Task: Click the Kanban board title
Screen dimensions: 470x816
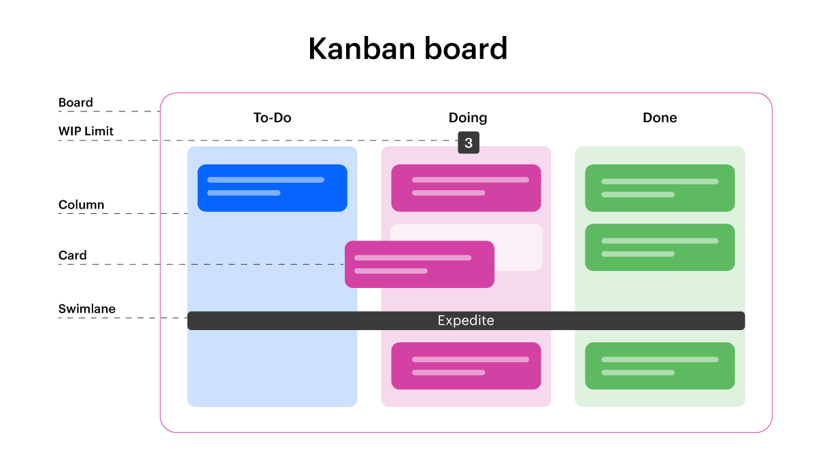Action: click(x=408, y=49)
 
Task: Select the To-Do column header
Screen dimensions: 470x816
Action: click(x=272, y=117)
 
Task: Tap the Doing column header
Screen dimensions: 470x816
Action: click(x=468, y=117)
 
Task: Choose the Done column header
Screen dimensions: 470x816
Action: click(x=660, y=117)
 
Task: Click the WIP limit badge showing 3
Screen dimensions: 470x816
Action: click(x=469, y=143)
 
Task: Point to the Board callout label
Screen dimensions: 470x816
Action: click(x=75, y=103)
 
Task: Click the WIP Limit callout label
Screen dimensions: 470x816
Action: click(x=86, y=130)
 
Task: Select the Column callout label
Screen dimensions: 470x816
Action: click(x=81, y=204)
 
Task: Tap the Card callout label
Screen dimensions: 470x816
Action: click(x=72, y=255)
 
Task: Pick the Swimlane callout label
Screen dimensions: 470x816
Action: click(x=86, y=308)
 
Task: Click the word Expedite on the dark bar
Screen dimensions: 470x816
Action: click(x=466, y=321)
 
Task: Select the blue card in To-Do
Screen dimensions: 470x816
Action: click(x=272, y=187)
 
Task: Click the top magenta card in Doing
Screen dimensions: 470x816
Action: click(x=466, y=187)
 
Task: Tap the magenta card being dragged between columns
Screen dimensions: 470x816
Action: click(x=419, y=264)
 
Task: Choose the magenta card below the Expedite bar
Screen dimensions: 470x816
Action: click(x=466, y=365)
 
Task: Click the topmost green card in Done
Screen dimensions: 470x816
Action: click(x=660, y=187)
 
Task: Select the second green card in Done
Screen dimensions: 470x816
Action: click(x=660, y=247)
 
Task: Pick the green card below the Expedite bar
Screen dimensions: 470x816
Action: click(x=660, y=365)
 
